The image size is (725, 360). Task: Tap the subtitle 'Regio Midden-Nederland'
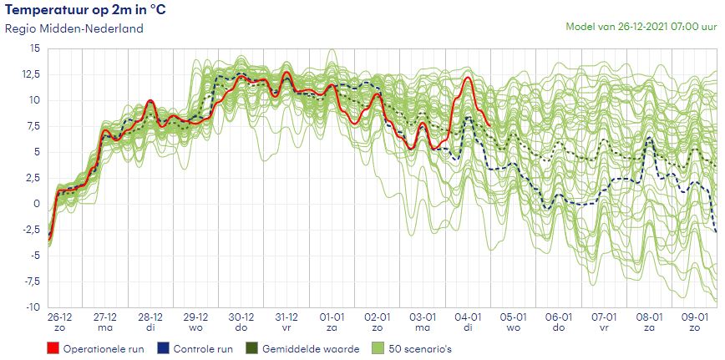pyautogui.click(x=74, y=28)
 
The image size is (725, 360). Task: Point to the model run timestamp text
pyautogui.click(x=641, y=26)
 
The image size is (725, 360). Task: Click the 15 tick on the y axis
pyautogui.click(x=34, y=48)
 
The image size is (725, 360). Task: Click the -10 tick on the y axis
pyautogui.click(x=32, y=307)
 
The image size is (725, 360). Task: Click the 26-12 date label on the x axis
pyautogui.click(x=60, y=317)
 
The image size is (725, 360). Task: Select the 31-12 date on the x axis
pyautogui.click(x=286, y=317)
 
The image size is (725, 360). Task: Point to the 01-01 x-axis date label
pyautogui.click(x=332, y=317)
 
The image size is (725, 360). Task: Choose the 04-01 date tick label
pyautogui.click(x=468, y=317)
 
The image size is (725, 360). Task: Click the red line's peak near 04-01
pyautogui.click(x=468, y=78)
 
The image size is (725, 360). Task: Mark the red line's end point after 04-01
pyautogui.click(x=489, y=124)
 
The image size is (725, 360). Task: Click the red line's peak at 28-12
pyautogui.click(x=150, y=101)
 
